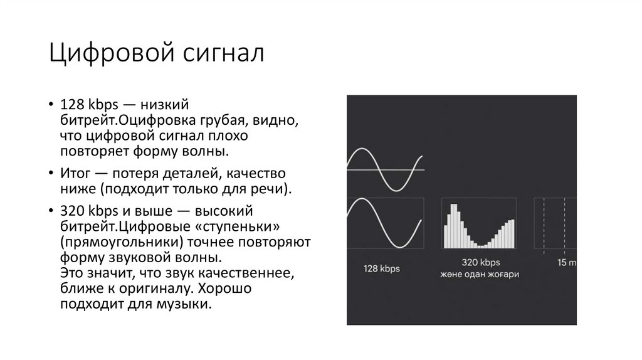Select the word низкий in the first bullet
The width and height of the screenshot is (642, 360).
(164, 104)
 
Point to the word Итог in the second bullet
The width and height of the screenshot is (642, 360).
(75, 173)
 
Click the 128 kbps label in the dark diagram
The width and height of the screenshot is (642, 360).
(382, 268)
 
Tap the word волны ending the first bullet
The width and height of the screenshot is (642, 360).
(204, 151)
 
